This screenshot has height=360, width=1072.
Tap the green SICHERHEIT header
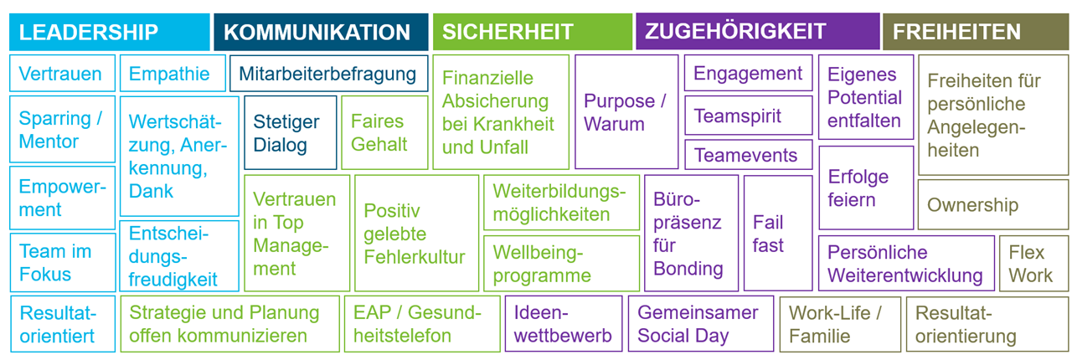click(533, 32)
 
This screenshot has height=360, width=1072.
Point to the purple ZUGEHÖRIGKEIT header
click(757, 32)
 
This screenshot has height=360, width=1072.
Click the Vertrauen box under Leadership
click(62, 74)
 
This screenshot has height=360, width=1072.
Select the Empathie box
click(173, 74)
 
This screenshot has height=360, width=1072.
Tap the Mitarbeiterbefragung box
click(328, 74)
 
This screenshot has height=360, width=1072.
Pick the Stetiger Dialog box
click(290, 133)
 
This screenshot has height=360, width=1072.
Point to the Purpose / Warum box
click(626, 112)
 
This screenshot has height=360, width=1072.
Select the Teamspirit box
click(748, 115)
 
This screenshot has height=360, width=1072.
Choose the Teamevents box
click(748, 155)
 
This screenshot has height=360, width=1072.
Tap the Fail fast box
click(777, 234)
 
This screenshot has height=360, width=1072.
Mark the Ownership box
click(992, 205)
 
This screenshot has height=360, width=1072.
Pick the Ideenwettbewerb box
click(563, 324)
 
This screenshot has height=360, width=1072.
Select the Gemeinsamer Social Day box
click(699, 324)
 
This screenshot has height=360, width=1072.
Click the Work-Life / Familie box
click(840, 324)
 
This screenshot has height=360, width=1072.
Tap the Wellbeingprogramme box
click(561, 263)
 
